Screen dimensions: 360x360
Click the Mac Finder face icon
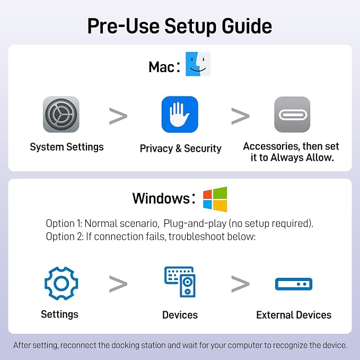[x=198, y=64]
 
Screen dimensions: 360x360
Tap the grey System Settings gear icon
[x=61, y=114]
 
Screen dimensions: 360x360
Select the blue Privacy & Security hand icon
[x=180, y=115]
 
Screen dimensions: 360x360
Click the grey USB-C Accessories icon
[x=292, y=115]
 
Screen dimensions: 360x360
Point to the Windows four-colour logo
[x=215, y=199]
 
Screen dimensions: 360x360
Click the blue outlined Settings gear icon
[x=62, y=283]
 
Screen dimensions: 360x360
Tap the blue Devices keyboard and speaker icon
[x=180, y=282]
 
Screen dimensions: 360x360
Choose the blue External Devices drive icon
[x=294, y=284]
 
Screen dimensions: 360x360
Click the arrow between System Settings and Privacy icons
[x=118, y=116]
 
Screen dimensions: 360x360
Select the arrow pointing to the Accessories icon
[x=240, y=116]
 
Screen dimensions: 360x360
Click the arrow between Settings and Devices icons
[x=118, y=284]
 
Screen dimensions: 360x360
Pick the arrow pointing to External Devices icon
[x=240, y=284]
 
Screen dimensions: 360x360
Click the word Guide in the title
[x=247, y=26]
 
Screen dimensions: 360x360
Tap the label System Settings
[x=67, y=147]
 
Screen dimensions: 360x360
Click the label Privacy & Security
[x=181, y=148]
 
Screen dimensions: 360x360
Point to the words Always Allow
[x=302, y=157]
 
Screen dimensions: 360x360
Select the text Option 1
[x=64, y=223]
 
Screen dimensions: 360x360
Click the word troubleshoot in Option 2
[x=197, y=236]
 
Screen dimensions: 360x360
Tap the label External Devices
[x=294, y=315]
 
